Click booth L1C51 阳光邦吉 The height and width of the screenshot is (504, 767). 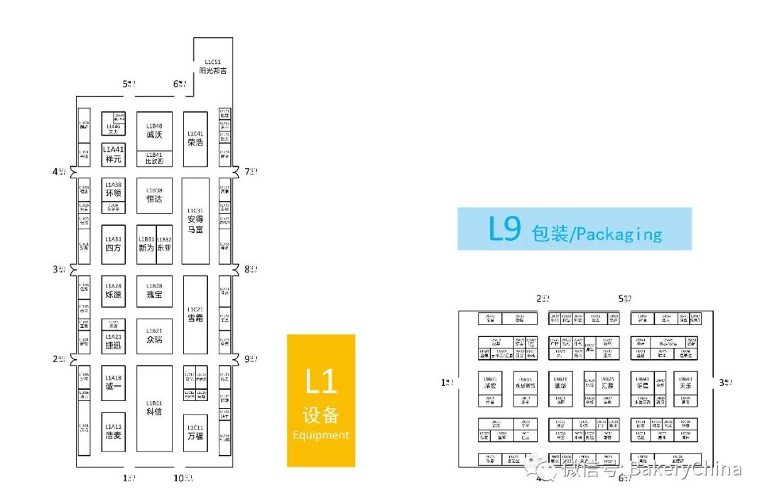[213, 66]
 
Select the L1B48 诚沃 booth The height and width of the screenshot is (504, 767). [154, 131]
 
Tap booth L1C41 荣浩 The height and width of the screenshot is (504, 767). [195, 138]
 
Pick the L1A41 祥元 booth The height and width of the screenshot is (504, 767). [114, 154]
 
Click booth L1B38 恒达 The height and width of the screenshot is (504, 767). [154, 195]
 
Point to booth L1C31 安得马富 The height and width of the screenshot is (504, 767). [195, 221]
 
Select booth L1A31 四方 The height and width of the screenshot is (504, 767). [114, 244]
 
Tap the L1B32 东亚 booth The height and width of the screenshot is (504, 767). [164, 244]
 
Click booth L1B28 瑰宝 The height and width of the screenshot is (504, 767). [154, 290]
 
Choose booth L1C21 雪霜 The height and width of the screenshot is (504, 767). [195, 314]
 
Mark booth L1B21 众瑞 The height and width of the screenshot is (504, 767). [154, 336]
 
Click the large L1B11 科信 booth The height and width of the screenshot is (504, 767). [154, 408]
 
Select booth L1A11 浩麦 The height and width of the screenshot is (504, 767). [114, 431]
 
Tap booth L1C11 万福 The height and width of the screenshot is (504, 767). [195, 432]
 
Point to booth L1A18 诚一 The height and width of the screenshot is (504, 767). [114, 383]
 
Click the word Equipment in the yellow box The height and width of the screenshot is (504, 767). [321, 435]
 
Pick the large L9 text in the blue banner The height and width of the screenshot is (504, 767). [505, 229]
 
